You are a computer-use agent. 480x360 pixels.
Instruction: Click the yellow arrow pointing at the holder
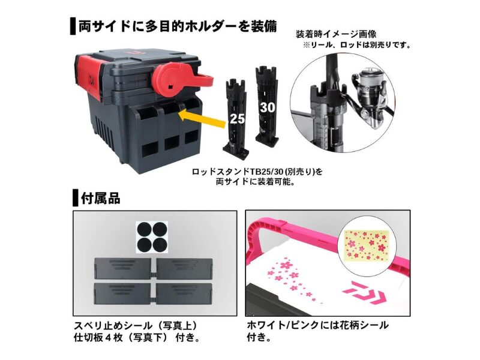click(202, 119)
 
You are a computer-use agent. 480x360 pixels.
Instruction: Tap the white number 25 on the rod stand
click(237, 119)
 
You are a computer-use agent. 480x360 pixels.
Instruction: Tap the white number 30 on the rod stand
click(268, 107)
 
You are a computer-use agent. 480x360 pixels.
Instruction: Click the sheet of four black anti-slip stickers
click(152, 237)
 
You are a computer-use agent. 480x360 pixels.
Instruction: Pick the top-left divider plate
click(122, 268)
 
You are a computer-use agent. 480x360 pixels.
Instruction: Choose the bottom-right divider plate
click(185, 293)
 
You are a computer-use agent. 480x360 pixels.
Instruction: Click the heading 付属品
click(100, 199)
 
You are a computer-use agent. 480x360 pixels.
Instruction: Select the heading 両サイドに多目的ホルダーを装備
click(178, 26)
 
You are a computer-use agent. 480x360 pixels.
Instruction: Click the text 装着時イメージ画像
click(336, 34)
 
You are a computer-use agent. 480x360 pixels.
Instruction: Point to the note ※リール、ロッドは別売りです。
click(357, 45)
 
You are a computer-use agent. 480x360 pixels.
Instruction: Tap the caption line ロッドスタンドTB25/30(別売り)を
click(257, 172)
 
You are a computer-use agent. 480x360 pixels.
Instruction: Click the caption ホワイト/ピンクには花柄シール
click(317, 325)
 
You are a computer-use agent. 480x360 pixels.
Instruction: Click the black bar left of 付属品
click(76, 198)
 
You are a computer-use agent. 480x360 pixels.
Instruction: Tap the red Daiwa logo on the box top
click(134, 52)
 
